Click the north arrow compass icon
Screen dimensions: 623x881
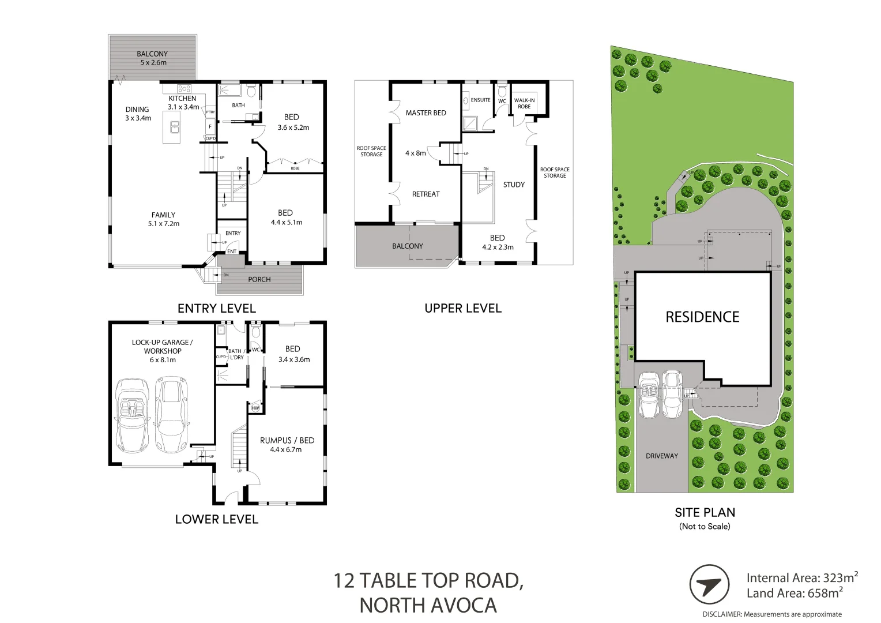tap(709, 585)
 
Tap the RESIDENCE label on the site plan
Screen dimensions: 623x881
tap(702, 317)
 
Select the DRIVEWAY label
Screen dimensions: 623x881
tap(661, 456)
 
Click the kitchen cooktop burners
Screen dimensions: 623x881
tap(185, 89)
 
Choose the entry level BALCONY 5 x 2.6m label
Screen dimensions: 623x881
tap(152, 58)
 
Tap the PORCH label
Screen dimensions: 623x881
tap(259, 279)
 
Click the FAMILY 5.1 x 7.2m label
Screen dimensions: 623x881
tap(163, 219)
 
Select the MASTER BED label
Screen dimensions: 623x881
tap(426, 112)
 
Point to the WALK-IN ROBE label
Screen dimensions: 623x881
tap(524, 103)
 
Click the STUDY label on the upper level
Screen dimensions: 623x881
tap(514, 185)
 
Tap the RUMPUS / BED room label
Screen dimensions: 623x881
tap(287, 444)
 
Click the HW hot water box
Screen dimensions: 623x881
tap(255, 408)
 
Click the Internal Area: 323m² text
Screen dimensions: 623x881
tap(802, 577)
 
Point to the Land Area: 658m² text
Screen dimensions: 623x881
tap(795, 593)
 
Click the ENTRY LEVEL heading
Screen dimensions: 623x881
tap(216, 308)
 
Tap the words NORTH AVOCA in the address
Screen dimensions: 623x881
tap(428, 605)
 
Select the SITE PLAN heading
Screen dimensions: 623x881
tap(705, 512)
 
